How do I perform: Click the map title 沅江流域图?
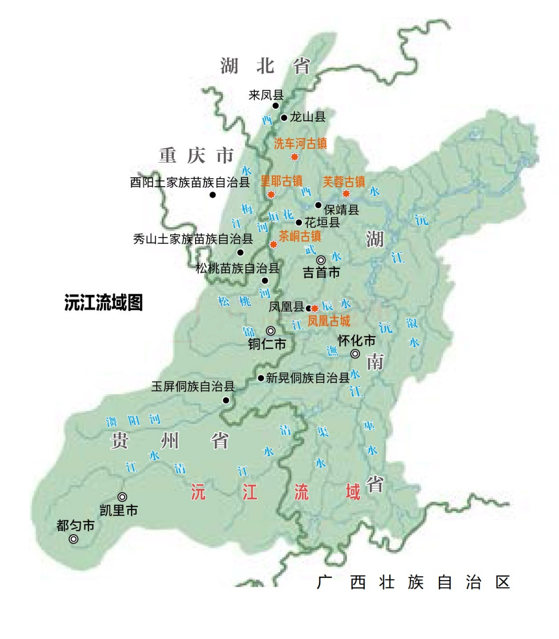tap(103, 303)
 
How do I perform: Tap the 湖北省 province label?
tap(265, 65)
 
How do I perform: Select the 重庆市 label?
tap(196, 156)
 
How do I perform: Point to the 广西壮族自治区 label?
tap(414, 582)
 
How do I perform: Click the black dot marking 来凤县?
tap(275, 106)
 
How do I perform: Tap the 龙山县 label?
tap(307, 117)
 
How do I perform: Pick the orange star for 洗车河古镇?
tap(294, 157)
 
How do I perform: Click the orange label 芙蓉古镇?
tap(344, 181)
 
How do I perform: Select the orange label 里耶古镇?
tap(281, 181)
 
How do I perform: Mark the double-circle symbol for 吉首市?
tap(321, 260)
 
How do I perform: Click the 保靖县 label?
tap(341, 210)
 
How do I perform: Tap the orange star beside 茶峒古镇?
tap(274, 244)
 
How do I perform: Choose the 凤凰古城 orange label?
tap(329, 320)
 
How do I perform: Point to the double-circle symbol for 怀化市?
tap(355, 354)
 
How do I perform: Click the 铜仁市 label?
tap(267, 344)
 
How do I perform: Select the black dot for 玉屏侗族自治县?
tap(226, 400)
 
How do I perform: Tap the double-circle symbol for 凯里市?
tap(122, 497)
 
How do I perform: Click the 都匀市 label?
tap(75, 526)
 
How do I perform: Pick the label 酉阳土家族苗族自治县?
tap(190, 182)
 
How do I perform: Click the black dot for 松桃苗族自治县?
tap(265, 281)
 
